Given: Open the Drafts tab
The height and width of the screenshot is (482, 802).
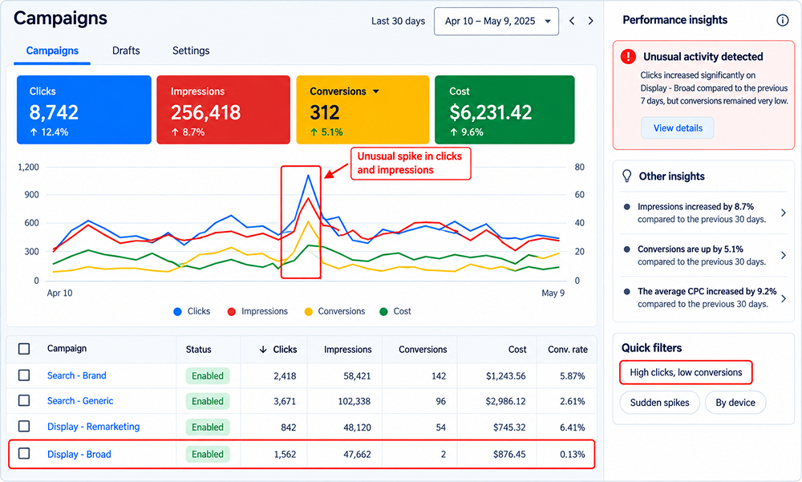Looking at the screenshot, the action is [126, 51].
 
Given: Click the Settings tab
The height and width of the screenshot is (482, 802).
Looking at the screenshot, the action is [191, 51].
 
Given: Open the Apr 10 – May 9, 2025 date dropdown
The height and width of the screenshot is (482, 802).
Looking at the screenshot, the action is [496, 21].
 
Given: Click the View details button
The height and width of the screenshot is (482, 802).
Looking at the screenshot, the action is [678, 128].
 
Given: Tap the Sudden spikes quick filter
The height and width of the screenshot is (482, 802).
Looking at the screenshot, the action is [659, 403].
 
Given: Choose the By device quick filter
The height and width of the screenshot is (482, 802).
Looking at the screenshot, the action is [735, 403].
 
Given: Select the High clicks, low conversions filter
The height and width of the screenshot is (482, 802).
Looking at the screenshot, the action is [686, 372].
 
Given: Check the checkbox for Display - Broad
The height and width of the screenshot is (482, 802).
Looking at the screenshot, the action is [24, 453].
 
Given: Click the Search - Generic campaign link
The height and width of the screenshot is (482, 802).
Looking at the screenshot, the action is [80, 401].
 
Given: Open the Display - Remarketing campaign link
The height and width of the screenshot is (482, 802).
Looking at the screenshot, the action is [93, 427].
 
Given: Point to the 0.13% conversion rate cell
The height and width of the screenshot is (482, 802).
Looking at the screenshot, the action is [572, 455].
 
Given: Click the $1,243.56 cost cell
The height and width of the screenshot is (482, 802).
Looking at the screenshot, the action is [505, 376].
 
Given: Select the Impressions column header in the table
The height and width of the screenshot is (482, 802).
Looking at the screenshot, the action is [348, 350].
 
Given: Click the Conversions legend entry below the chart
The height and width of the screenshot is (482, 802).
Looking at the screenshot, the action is [335, 311].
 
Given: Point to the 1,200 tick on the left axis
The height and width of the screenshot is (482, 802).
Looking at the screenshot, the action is [28, 167].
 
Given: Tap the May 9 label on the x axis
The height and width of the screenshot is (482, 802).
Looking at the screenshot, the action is [553, 294].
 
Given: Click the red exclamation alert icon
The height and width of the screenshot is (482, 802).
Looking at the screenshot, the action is [628, 56].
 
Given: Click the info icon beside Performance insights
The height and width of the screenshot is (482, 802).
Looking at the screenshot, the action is [782, 20].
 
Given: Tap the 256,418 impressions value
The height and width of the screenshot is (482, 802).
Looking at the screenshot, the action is [205, 112].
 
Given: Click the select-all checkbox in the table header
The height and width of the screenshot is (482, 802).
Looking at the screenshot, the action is [24, 349].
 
